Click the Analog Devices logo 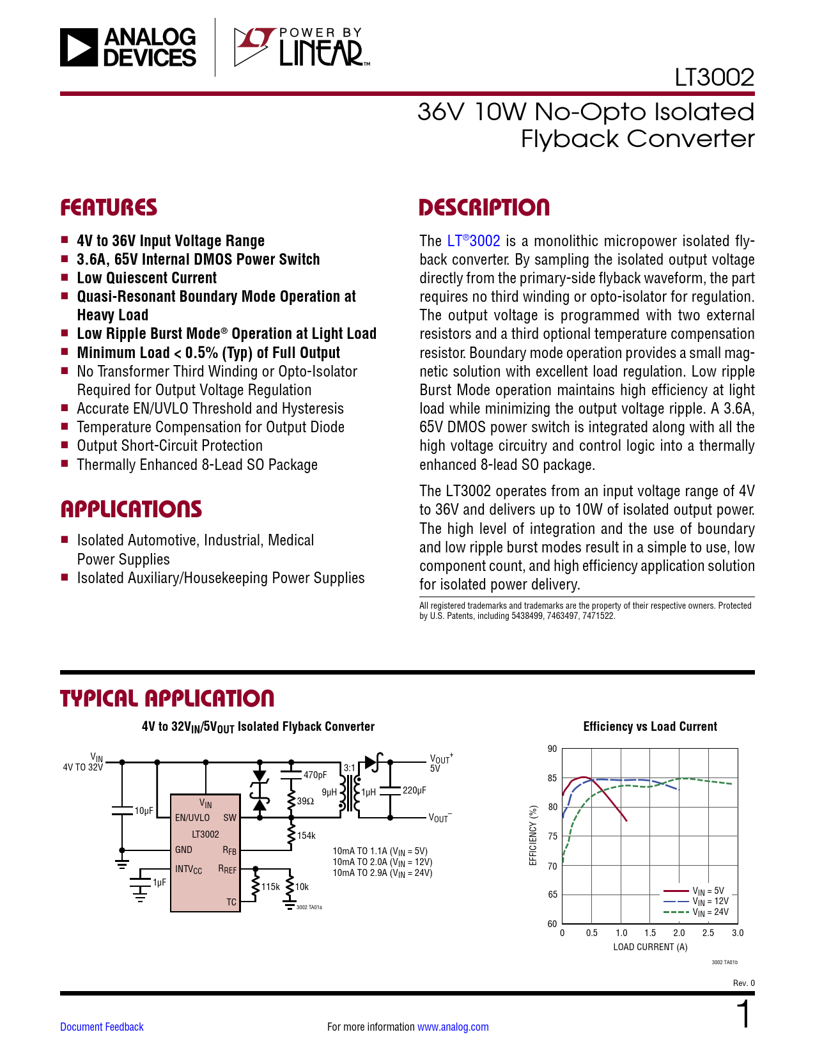(x=128, y=47)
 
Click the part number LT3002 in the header (x=714, y=77)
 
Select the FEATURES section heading (x=109, y=208)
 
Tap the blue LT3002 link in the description (x=474, y=241)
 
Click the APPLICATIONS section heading (x=131, y=509)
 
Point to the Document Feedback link (x=102, y=1027)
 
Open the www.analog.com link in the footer (x=453, y=1027)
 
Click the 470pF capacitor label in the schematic (x=314, y=775)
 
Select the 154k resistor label (x=306, y=836)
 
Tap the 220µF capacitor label (x=414, y=790)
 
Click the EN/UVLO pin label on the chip (x=192, y=818)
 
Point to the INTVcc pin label (x=189, y=870)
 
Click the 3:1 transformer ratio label (x=349, y=768)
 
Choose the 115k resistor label (x=270, y=887)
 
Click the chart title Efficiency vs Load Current (x=650, y=726)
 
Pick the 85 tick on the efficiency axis (x=552, y=778)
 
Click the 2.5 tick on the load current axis (x=708, y=933)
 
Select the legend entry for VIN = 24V (x=710, y=912)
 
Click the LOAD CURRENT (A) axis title (x=650, y=947)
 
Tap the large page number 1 (x=744, y=1015)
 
